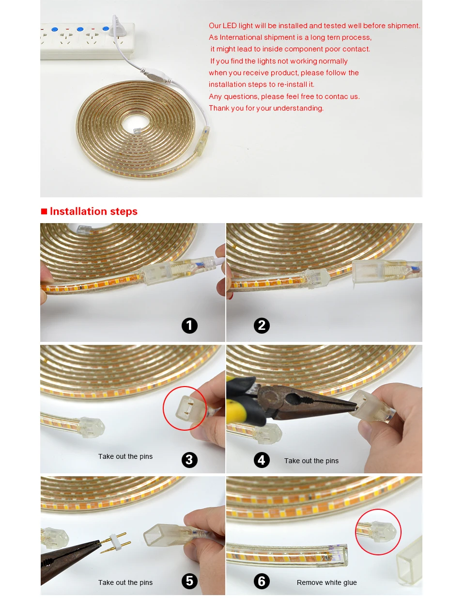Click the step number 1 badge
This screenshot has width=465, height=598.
189,325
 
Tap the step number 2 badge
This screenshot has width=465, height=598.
262,325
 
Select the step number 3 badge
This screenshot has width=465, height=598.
189,460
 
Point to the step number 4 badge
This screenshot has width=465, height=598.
262,460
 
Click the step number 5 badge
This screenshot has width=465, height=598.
189,581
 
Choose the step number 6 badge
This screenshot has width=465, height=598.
262,581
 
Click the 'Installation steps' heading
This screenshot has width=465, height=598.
93,211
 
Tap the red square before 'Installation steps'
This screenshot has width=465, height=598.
44,211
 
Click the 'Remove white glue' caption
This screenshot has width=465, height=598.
326,582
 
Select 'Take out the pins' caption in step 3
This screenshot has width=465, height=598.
125,456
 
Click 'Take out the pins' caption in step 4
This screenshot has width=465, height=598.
311,461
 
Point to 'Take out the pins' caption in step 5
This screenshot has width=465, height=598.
125,582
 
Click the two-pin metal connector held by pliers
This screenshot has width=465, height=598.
116,543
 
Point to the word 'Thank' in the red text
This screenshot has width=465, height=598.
219,108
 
